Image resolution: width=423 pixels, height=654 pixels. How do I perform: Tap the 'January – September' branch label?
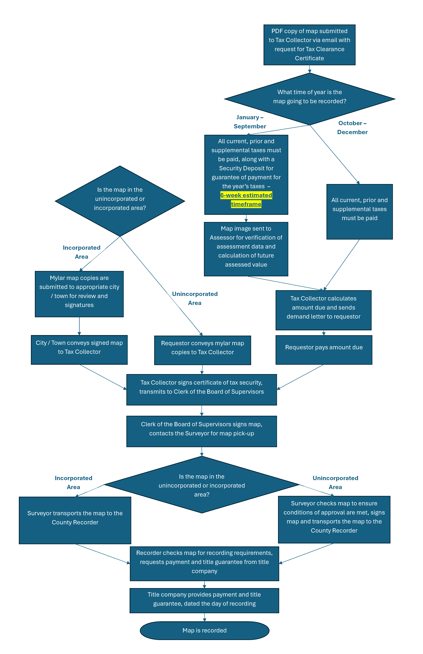coord(250,122)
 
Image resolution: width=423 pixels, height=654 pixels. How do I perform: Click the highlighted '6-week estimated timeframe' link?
coord(246,200)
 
